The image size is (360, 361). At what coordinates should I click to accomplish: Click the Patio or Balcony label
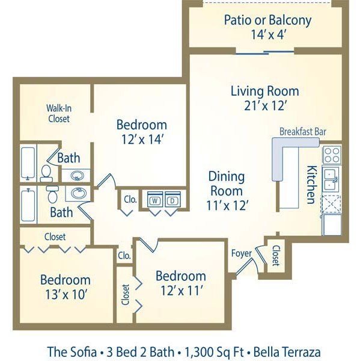pos(267,26)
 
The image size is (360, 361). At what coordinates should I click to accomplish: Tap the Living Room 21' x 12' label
pos(264,98)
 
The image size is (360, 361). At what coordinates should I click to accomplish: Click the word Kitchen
pos(311,185)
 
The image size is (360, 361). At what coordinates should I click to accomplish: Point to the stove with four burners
pos(332,155)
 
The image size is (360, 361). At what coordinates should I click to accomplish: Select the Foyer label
pos(241,253)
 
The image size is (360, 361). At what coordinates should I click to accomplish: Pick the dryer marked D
pos(172,200)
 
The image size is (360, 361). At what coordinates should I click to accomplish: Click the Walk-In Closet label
pos(58,114)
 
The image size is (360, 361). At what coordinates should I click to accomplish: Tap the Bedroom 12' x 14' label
pos(141,131)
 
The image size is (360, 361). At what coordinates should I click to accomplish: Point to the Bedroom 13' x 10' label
pos(66,286)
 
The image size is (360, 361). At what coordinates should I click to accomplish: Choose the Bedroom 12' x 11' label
pos(180,283)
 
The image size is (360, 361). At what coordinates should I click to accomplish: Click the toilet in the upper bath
pos(46,173)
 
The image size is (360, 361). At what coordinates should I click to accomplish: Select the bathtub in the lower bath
pos(28,206)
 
